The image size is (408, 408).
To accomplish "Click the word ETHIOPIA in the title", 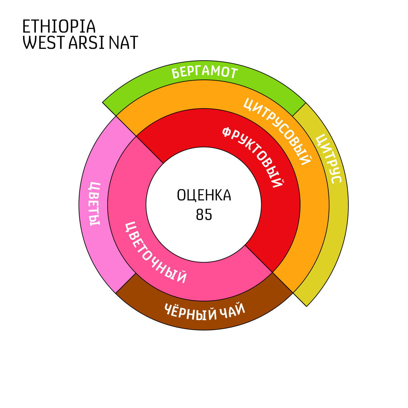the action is point(59,26).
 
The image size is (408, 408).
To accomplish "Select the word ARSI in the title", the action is point(86,43).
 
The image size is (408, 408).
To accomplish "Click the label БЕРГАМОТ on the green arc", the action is point(205,72).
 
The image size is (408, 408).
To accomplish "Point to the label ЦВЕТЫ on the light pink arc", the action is point(94,204).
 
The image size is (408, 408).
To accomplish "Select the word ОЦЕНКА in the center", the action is point(204,195).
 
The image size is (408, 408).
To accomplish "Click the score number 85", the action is point(204,214).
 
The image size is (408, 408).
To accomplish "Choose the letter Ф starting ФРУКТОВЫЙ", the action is point(227,132).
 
